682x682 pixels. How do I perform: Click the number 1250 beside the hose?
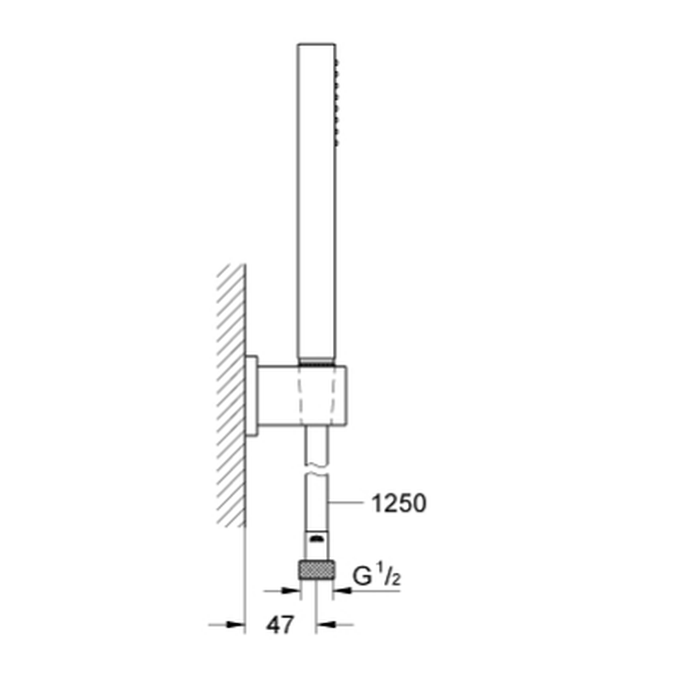coord(398,504)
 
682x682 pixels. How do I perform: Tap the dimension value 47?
coord(280,625)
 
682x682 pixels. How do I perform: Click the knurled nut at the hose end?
coord(316,569)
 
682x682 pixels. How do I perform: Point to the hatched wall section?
coord(231,396)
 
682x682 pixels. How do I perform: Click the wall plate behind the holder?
coord(252,396)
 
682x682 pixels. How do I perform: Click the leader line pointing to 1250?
coord(346,503)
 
